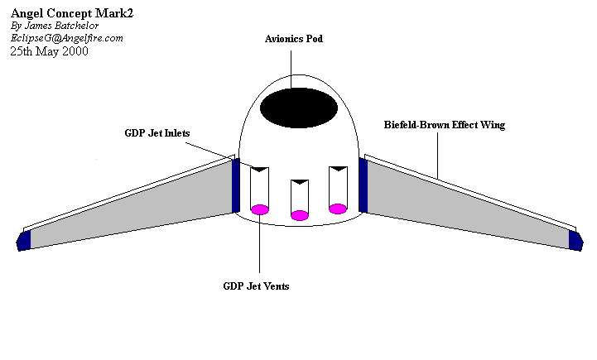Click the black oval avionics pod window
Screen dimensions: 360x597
(298, 108)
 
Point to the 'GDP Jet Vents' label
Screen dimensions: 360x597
(256, 286)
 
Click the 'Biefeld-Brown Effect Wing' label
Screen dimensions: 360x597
(444, 125)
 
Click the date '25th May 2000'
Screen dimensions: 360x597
(50, 51)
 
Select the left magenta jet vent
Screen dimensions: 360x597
(259, 209)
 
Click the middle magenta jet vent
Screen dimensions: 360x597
(300, 215)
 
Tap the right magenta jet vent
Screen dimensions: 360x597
(338, 209)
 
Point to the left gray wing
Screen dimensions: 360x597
(132, 207)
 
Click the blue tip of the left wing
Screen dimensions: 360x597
(23, 240)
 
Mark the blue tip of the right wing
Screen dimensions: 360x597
(575, 239)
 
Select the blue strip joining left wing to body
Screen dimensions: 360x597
(236, 186)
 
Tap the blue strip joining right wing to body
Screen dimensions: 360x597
(363, 185)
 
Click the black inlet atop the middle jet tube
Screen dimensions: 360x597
(300, 182)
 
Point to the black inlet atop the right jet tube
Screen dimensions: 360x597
(338, 170)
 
